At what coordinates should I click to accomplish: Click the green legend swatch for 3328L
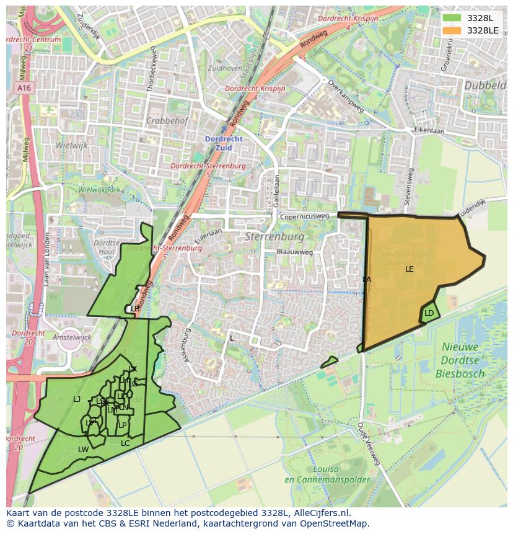452,18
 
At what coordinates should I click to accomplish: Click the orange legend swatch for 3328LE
452,30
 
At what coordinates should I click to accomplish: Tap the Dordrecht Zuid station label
224,143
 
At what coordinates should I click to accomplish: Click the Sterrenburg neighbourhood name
274,237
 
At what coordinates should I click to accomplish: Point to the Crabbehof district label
167,121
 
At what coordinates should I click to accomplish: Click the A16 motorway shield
24,89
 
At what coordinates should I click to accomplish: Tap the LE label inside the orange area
410,269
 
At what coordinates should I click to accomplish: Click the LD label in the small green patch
429,313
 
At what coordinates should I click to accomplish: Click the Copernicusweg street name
304,217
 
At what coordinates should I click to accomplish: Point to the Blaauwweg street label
295,252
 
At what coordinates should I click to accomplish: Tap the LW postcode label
83,450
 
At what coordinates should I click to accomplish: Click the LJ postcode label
77,399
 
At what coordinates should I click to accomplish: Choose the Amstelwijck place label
72,337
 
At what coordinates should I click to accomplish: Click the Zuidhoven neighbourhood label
226,68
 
